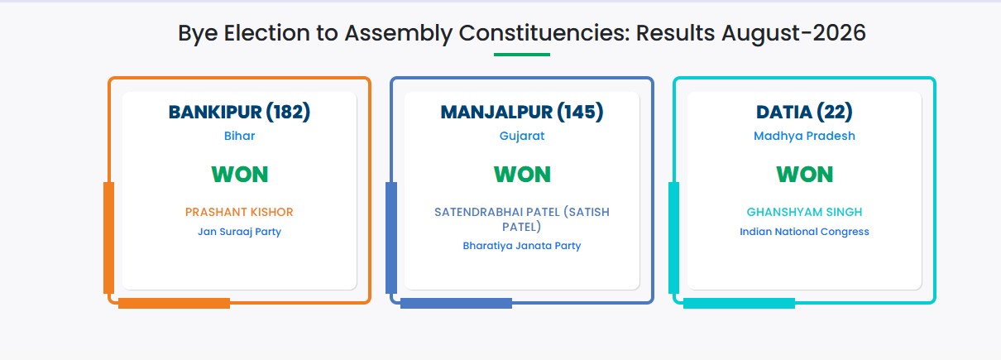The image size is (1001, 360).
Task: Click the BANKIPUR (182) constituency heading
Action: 239,112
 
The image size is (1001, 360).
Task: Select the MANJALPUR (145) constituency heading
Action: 521,112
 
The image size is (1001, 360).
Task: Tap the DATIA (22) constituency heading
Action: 804,112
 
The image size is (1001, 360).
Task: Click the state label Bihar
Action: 239,136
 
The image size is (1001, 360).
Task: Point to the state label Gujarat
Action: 521,136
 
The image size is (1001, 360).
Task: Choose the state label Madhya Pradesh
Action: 804,136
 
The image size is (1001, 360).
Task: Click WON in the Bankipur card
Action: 240,175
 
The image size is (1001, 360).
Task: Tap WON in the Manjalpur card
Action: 522,175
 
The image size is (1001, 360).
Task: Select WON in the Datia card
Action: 804,175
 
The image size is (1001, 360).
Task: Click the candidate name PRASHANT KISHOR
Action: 239,212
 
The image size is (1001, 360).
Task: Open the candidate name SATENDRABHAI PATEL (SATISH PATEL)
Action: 521,219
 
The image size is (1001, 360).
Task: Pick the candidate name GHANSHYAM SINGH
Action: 804,212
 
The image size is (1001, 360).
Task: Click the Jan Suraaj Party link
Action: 239,232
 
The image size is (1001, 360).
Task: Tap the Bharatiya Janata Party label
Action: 521,246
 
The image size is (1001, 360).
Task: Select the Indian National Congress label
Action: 804,232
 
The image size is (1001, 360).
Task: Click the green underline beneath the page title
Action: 521,55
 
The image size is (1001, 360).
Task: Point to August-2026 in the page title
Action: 793,33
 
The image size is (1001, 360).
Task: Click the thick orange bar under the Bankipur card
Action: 174,303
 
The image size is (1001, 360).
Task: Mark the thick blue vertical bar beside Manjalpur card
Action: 391,238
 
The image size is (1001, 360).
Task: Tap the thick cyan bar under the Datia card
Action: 739,303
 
